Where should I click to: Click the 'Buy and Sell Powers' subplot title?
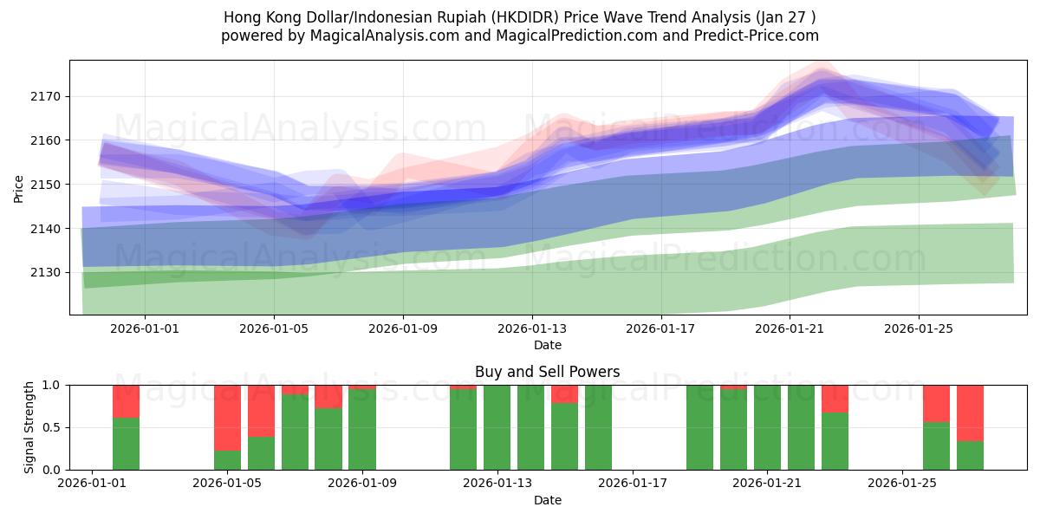pos(547,372)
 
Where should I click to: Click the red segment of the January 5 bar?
pos(227,418)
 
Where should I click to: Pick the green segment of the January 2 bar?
pos(126,444)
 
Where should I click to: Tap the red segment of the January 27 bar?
pos(970,413)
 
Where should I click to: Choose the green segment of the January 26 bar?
pos(936,445)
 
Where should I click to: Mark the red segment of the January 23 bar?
pos(835,399)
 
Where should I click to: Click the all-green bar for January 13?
pos(497,427)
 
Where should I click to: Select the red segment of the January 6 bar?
pos(261,411)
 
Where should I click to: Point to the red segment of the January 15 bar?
pos(564,394)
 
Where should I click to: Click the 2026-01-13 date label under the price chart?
pos(531,329)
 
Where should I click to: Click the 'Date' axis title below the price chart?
pos(547,345)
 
